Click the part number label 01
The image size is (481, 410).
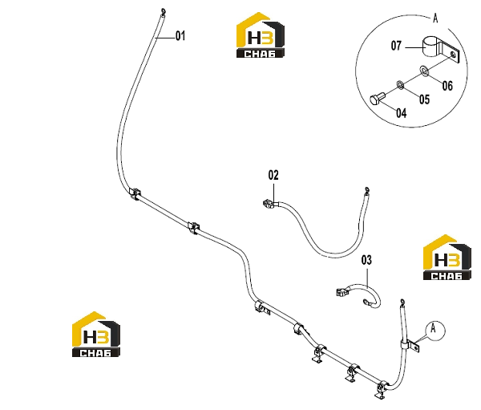tap(180, 36)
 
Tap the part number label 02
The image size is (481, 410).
tap(273, 175)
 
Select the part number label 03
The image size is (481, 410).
tap(366, 260)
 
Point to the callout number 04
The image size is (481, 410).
tap(402, 112)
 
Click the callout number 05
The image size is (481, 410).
tap(425, 99)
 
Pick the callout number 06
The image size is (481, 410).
tap(447, 86)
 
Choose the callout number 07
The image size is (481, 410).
tap(396, 46)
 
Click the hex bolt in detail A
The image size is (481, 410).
tap(378, 99)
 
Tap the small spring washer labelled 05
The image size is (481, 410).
tap(400, 84)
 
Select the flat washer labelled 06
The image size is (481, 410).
tap(424, 71)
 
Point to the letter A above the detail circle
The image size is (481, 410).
tap(435, 18)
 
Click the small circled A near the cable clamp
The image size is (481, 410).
tap(435, 331)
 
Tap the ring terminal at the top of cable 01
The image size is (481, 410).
tap(163, 12)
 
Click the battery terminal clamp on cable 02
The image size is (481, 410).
tap(269, 204)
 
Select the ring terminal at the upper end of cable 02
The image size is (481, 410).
tap(366, 191)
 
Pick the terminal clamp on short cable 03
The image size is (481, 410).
tap(342, 291)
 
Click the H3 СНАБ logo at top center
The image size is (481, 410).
tap(260, 35)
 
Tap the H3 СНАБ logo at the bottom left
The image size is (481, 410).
tap(96, 334)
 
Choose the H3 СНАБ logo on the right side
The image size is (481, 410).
tap(447, 257)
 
